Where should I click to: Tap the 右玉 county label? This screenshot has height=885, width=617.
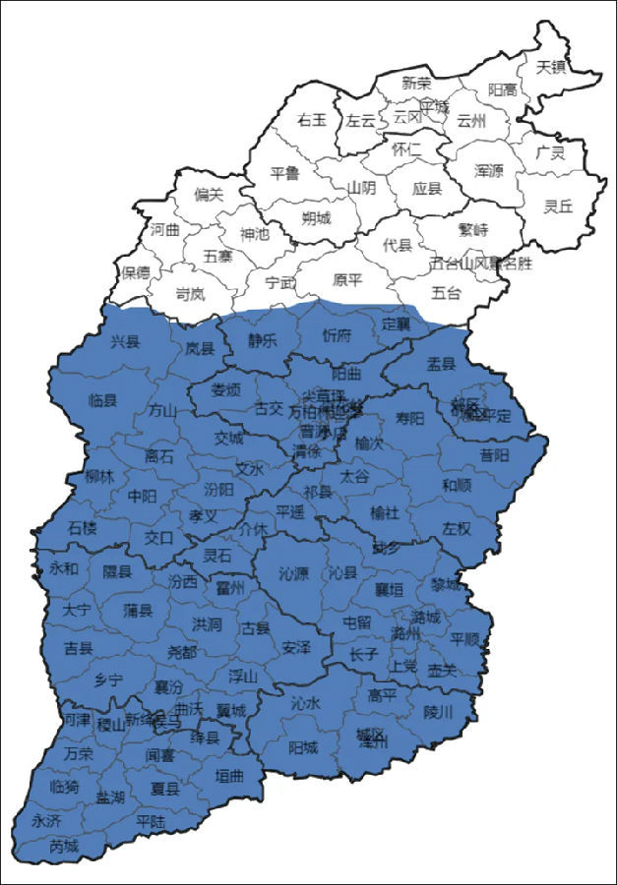[x=311, y=120]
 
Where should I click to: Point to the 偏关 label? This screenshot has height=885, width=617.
[x=209, y=195]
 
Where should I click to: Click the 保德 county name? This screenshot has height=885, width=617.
[x=136, y=270]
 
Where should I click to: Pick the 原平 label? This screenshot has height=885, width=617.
[x=347, y=280]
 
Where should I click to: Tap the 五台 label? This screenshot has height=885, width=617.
[x=446, y=292]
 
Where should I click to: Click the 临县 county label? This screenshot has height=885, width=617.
[x=102, y=400]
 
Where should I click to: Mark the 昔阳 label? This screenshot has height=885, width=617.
[x=495, y=455]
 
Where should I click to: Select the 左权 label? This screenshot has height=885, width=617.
[x=458, y=528]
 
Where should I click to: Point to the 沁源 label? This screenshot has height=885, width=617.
[x=293, y=572]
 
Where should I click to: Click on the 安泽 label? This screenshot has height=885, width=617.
[x=296, y=647]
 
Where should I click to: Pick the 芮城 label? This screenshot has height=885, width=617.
[x=63, y=846]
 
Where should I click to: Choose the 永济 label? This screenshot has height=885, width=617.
[x=45, y=820]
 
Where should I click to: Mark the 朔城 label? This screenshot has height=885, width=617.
[x=316, y=217]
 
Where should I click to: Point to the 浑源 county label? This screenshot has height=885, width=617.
[x=488, y=170]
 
